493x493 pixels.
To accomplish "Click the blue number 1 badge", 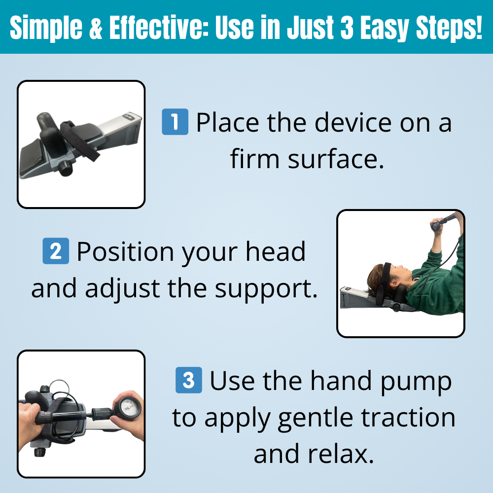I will pos(175,122).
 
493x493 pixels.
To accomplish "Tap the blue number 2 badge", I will pos(56,251).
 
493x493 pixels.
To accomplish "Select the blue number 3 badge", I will pos(189,381).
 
